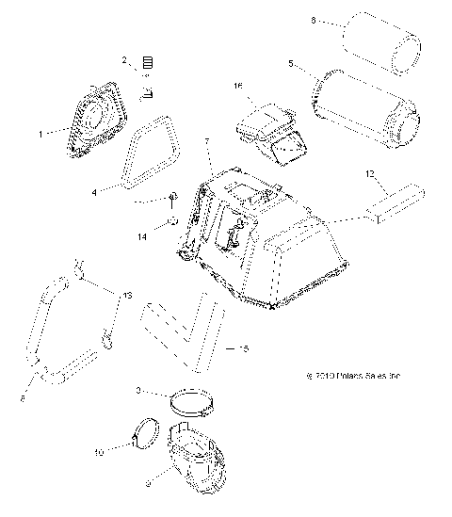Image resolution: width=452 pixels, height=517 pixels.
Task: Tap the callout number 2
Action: [x=124, y=60]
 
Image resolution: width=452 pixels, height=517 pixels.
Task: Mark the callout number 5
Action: [x=292, y=65]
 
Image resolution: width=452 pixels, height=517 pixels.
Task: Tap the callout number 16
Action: [x=238, y=86]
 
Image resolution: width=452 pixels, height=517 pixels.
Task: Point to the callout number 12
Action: [x=370, y=172]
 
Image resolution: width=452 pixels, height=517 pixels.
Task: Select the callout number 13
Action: [x=123, y=295]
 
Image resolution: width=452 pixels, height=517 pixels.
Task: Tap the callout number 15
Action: [x=244, y=348]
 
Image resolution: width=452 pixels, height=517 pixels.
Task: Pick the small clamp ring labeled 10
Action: [x=145, y=436]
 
